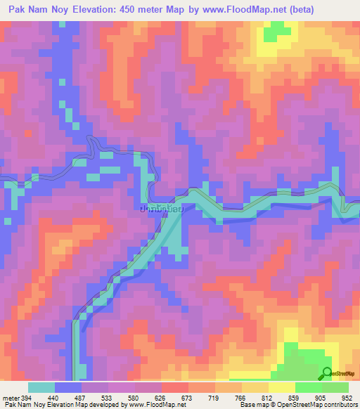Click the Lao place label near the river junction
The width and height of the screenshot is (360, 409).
pyautogui.click(x=162, y=209)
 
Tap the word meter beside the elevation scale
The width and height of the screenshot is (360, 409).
pyautogui.click(x=9, y=396)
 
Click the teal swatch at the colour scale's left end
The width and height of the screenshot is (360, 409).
pyautogui.click(x=42, y=387)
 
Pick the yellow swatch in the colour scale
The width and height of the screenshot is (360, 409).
pyautogui.click(x=282, y=387)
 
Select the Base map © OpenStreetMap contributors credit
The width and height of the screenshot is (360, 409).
pyautogui.click(x=296, y=405)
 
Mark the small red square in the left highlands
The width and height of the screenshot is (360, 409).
pyautogui.click(x=28, y=132)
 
